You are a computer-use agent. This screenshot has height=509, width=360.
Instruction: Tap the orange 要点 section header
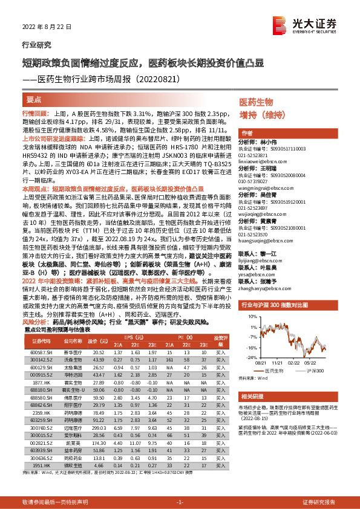tap(34, 99)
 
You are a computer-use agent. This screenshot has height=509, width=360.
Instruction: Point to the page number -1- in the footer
tap(180, 502)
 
